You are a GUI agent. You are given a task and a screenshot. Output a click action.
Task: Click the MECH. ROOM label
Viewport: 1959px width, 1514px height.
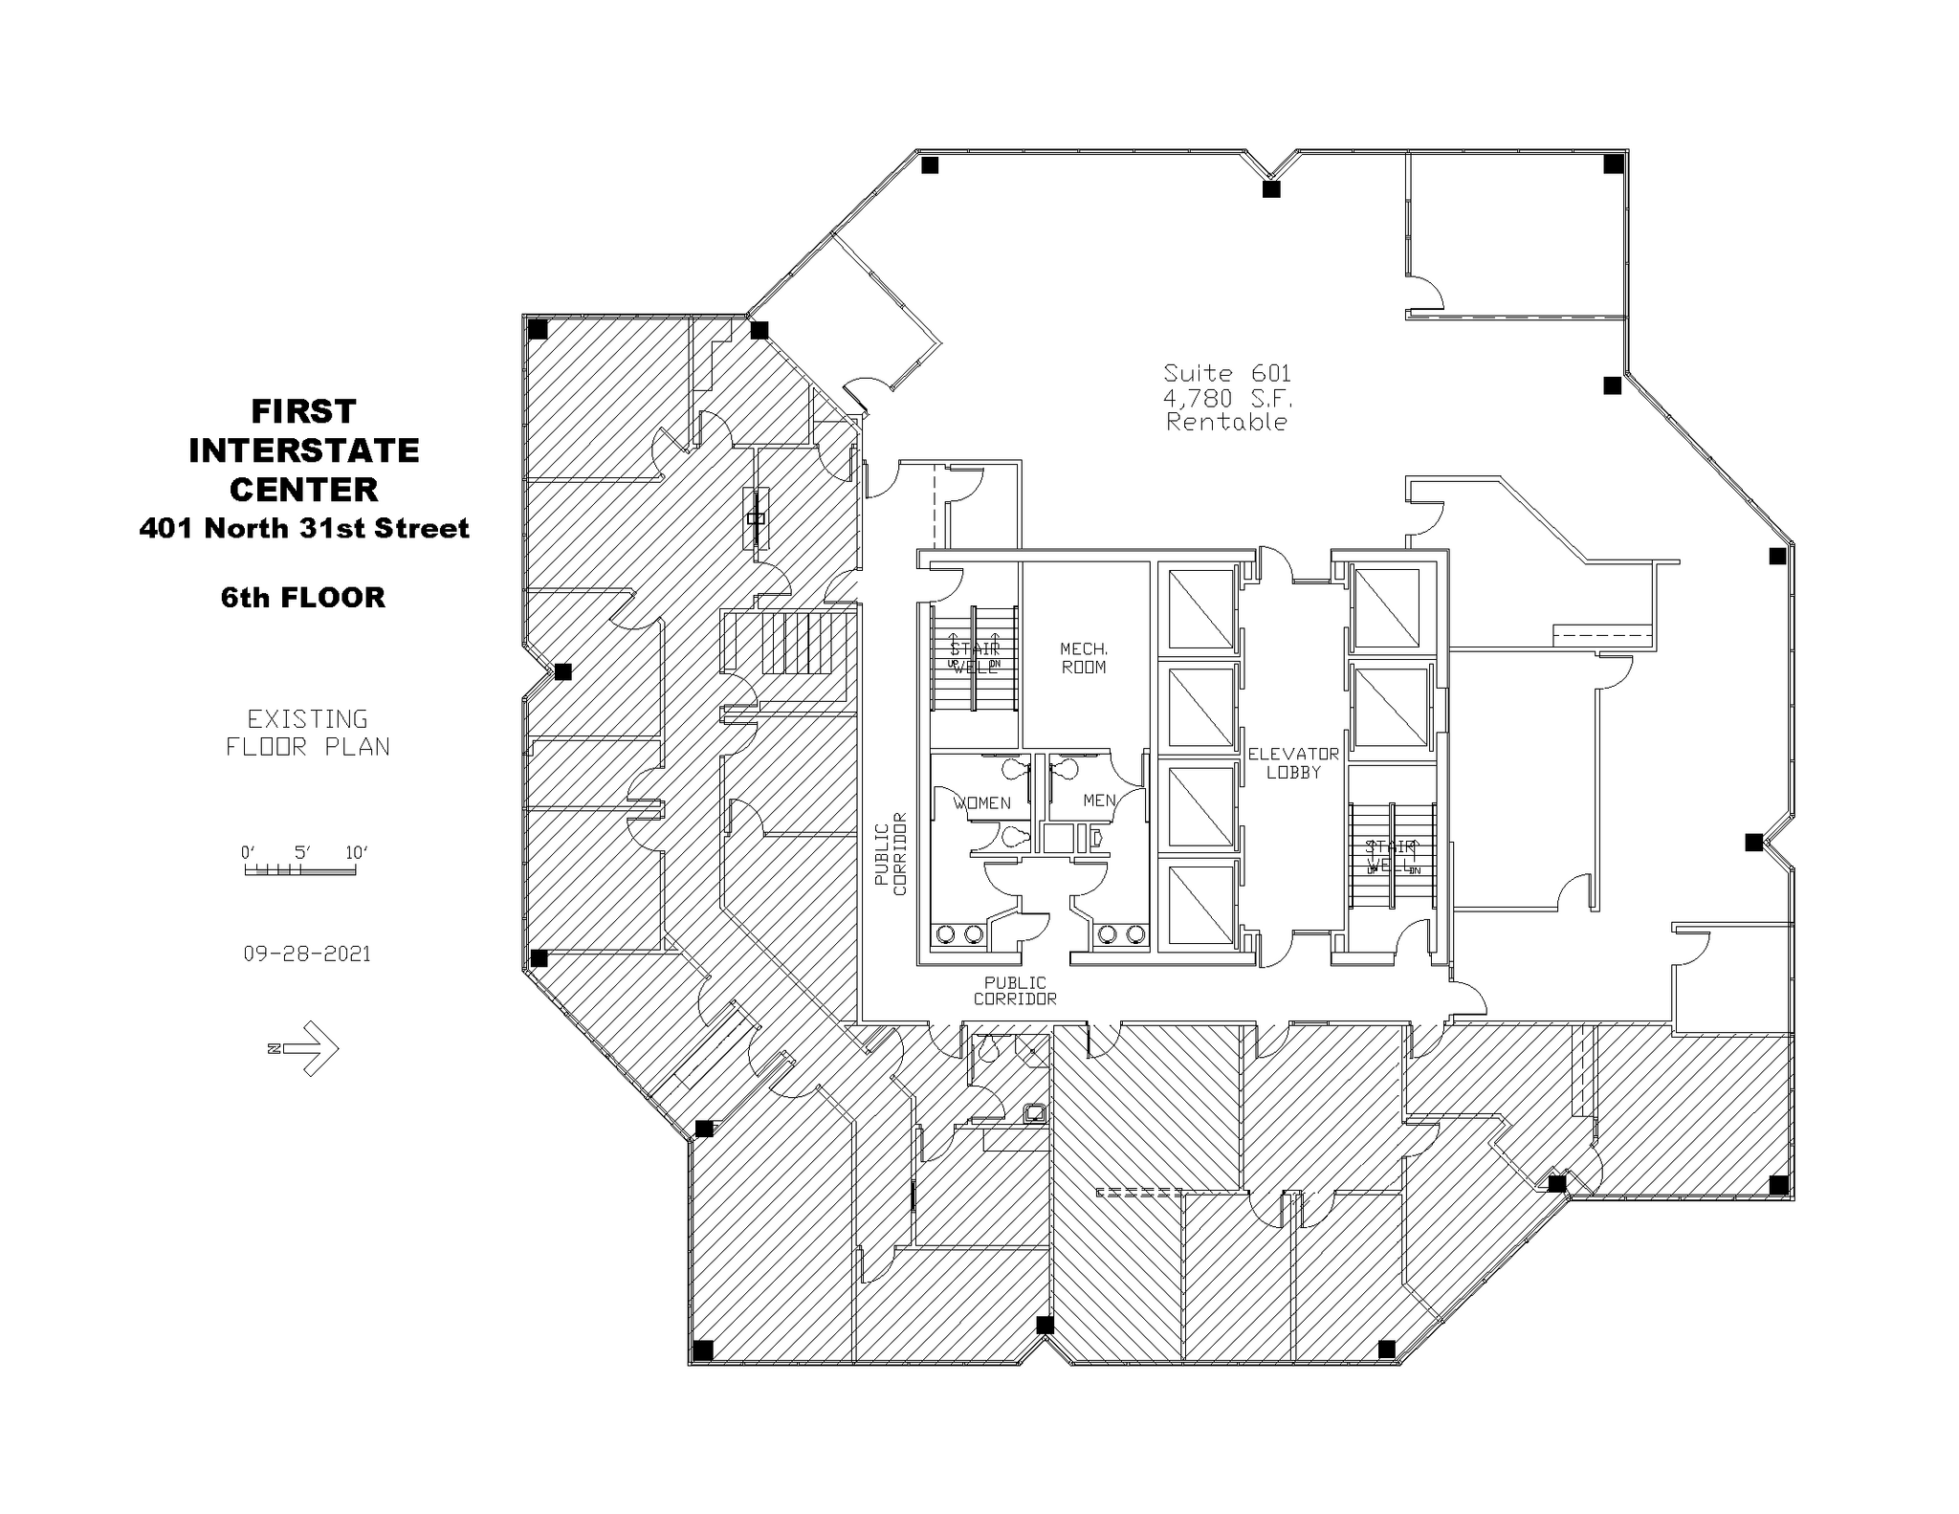(x=1083, y=658)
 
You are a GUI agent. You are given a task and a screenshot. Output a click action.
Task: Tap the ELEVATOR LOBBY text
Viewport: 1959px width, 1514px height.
(x=1292, y=763)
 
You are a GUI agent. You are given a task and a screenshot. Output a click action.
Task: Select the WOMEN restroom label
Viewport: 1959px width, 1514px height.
(x=981, y=802)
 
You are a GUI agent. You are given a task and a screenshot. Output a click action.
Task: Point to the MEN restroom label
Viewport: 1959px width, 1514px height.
(x=1099, y=801)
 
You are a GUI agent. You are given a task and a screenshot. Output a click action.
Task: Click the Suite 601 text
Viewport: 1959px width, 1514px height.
(x=1226, y=373)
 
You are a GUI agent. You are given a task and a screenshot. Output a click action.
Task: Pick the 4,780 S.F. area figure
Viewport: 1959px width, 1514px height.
(x=1226, y=398)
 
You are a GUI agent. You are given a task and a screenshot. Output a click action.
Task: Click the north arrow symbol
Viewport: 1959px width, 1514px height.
(x=306, y=1048)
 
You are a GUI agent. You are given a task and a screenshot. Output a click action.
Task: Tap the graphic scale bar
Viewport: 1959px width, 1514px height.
(x=299, y=870)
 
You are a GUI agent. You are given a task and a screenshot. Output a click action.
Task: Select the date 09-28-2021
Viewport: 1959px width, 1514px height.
(x=307, y=954)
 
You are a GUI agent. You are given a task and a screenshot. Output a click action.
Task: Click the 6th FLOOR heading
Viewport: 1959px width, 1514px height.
(x=303, y=598)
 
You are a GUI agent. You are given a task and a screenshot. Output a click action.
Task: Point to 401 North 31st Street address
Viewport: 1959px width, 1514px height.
(x=304, y=528)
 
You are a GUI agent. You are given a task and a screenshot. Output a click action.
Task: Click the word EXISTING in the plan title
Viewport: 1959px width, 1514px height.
(x=307, y=719)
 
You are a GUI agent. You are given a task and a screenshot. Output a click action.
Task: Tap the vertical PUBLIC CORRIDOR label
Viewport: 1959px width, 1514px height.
(x=890, y=854)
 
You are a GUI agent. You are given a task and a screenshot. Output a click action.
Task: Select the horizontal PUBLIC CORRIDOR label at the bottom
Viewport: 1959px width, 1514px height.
(x=1015, y=991)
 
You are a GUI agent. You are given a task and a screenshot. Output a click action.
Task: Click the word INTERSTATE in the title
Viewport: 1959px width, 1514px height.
(x=304, y=450)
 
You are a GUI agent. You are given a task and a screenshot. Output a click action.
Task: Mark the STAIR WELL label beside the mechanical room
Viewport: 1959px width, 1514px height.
(x=974, y=658)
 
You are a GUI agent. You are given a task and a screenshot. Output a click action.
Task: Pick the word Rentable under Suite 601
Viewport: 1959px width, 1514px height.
(x=1226, y=422)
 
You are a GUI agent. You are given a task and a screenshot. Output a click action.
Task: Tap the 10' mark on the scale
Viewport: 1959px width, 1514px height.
(x=356, y=853)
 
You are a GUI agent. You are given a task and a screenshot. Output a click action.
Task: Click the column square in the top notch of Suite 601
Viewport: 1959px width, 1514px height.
(x=1270, y=189)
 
